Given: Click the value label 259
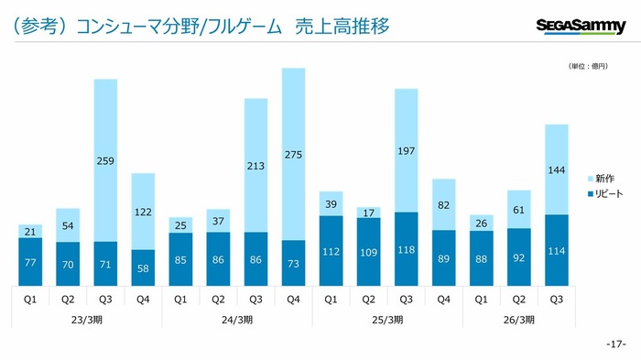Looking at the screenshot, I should tap(105, 161).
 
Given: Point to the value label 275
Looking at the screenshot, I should tap(293, 155).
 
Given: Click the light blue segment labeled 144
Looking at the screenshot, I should tap(557, 169).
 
